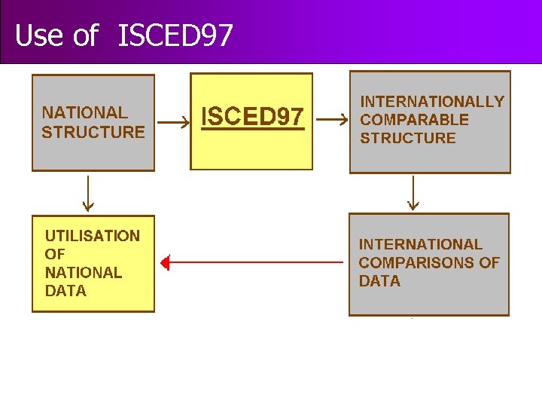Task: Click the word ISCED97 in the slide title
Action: click(175, 35)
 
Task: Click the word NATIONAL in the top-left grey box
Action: click(85, 113)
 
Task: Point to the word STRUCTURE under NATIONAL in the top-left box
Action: click(93, 132)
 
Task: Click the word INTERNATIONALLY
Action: click(432, 102)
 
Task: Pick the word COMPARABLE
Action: click(414, 120)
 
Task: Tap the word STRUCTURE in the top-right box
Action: click(408, 138)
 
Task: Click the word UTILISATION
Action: click(93, 236)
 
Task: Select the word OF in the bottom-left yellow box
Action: click(55, 254)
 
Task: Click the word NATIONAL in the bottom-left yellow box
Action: click(84, 272)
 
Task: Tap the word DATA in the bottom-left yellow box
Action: click(65, 290)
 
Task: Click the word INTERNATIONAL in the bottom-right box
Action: click(420, 244)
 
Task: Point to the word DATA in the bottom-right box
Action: click(379, 281)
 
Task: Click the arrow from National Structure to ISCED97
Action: click(173, 121)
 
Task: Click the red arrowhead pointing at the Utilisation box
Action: click(166, 263)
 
